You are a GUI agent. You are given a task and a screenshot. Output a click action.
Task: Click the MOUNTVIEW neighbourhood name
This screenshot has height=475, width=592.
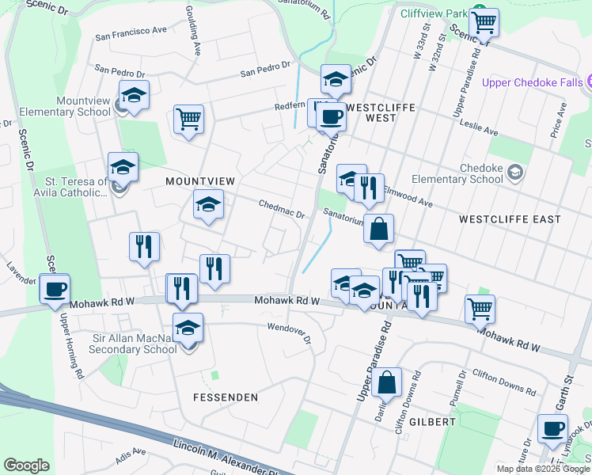click(200, 181)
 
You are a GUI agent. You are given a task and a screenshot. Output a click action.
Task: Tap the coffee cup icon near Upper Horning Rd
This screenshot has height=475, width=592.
click(55, 289)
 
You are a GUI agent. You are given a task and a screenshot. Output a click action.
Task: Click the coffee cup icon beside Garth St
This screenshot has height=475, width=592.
click(552, 429)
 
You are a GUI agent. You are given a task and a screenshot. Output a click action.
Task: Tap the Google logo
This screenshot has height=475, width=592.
click(27, 465)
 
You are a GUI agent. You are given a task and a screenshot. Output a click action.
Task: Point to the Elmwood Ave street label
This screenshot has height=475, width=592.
click(408, 197)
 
